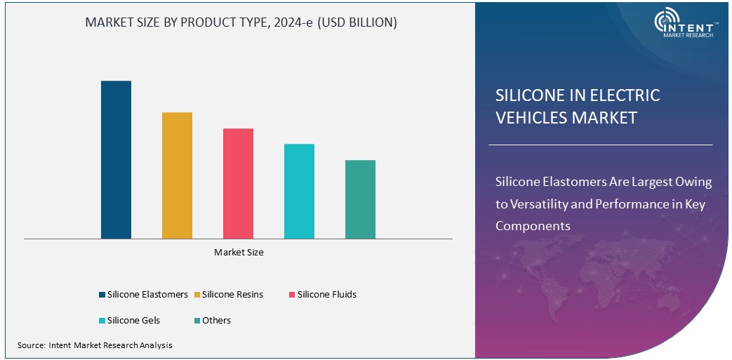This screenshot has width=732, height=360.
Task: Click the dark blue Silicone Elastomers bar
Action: (x=116, y=160)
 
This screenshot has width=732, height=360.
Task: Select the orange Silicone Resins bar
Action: (x=177, y=175)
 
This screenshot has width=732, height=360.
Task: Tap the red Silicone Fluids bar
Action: (x=238, y=184)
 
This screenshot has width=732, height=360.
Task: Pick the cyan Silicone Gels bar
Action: (x=299, y=192)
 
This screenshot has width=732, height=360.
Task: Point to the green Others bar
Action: (x=360, y=199)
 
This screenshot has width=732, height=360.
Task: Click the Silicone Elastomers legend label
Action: (x=147, y=295)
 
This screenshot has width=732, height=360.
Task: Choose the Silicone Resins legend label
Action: (x=232, y=295)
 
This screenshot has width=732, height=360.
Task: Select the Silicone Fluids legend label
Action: (x=326, y=295)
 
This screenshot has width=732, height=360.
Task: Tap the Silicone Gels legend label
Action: (x=133, y=321)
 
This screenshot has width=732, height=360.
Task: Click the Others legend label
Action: (x=216, y=321)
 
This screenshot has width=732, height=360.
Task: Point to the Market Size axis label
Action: (x=239, y=252)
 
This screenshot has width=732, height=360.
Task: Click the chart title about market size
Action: (x=241, y=22)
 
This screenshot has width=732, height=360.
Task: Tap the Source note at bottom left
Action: (x=95, y=345)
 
